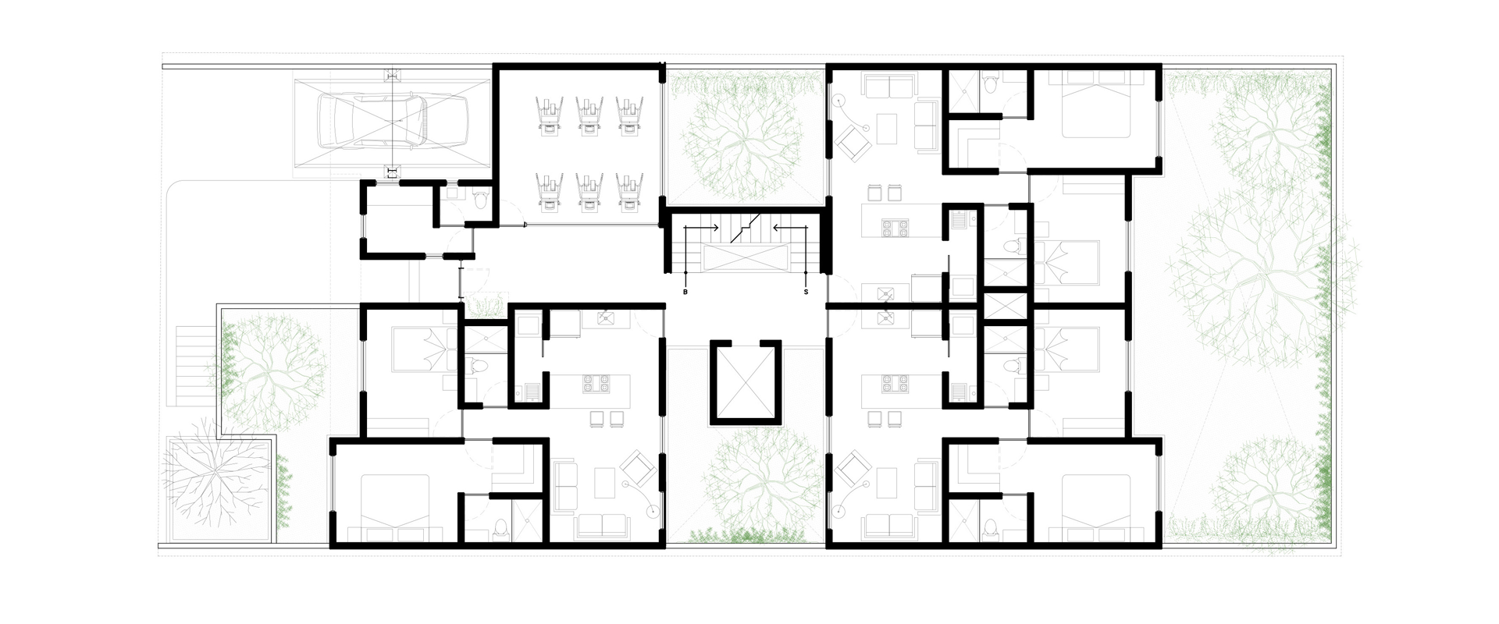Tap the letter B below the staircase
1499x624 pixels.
click(685, 292)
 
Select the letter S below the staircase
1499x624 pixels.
click(806, 292)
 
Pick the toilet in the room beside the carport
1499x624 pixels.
click(480, 201)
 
